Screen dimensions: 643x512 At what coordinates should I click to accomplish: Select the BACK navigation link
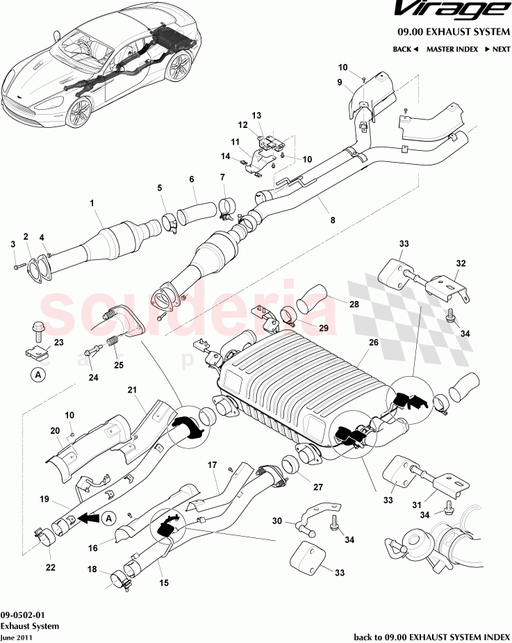click(x=405, y=49)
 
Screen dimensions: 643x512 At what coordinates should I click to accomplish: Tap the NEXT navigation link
click(x=497, y=49)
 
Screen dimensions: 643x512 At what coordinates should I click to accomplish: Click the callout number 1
click(x=91, y=203)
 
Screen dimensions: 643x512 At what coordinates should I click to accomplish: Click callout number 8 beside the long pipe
click(x=333, y=220)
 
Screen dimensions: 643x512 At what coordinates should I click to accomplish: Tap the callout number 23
click(x=58, y=342)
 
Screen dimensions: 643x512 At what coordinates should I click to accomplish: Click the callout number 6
click(x=192, y=179)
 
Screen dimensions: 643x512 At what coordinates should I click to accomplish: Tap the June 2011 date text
click(x=17, y=636)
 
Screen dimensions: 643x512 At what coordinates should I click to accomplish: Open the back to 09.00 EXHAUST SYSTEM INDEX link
click(x=431, y=637)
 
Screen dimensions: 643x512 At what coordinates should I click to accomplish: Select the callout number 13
click(x=256, y=115)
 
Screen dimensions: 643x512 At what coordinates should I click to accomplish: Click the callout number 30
click(x=277, y=521)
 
